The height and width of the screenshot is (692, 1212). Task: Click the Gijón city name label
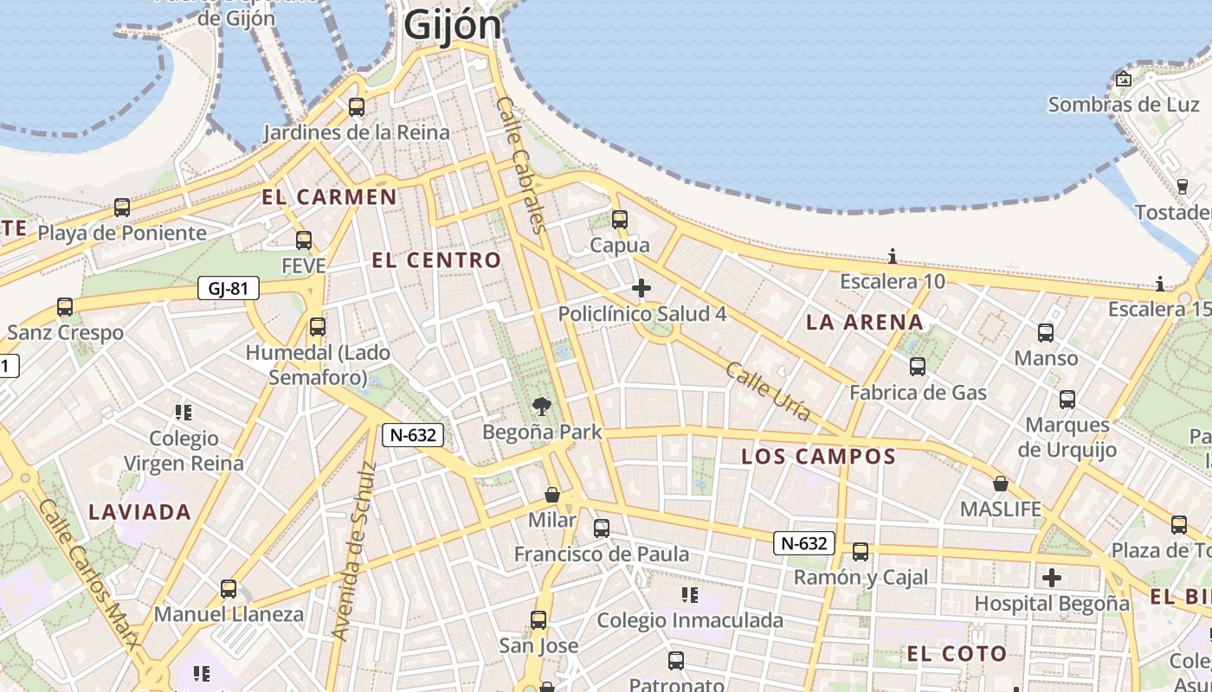(x=452, y=24)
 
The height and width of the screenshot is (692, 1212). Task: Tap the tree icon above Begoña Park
(x=542, y=405)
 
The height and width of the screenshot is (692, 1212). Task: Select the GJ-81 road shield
(x=229, y=288)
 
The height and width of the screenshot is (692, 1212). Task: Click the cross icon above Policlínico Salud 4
(x=641, y=288)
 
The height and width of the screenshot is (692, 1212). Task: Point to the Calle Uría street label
(x=768, y=392)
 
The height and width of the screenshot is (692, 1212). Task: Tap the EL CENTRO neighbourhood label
(x=436, y=259)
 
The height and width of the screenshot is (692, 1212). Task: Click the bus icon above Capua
(x=619, y=220)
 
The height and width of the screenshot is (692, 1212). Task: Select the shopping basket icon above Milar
(x=552, y=495)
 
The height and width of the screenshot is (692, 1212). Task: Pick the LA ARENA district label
(x=864, y=323)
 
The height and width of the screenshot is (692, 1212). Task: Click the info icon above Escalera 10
(x=893, y=257)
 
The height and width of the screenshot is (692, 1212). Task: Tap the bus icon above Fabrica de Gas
(x=918, y=367)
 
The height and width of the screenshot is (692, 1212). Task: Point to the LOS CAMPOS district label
(x=818, y=456)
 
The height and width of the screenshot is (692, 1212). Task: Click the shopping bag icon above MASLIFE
(x=1001, y=484)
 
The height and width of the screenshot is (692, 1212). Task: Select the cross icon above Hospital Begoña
(x=1052, y=577)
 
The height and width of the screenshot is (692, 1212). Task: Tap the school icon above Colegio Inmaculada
(x=690, y=594)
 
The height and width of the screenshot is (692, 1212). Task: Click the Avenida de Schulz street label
(x=355, y=551)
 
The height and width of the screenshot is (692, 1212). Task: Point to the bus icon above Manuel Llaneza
(x=229, y=589)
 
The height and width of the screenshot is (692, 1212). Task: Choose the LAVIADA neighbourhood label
(x=139, y=511)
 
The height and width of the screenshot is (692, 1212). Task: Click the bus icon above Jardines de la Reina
(x=356, y=107)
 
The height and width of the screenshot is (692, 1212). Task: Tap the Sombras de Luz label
(x=1112, y=105)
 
